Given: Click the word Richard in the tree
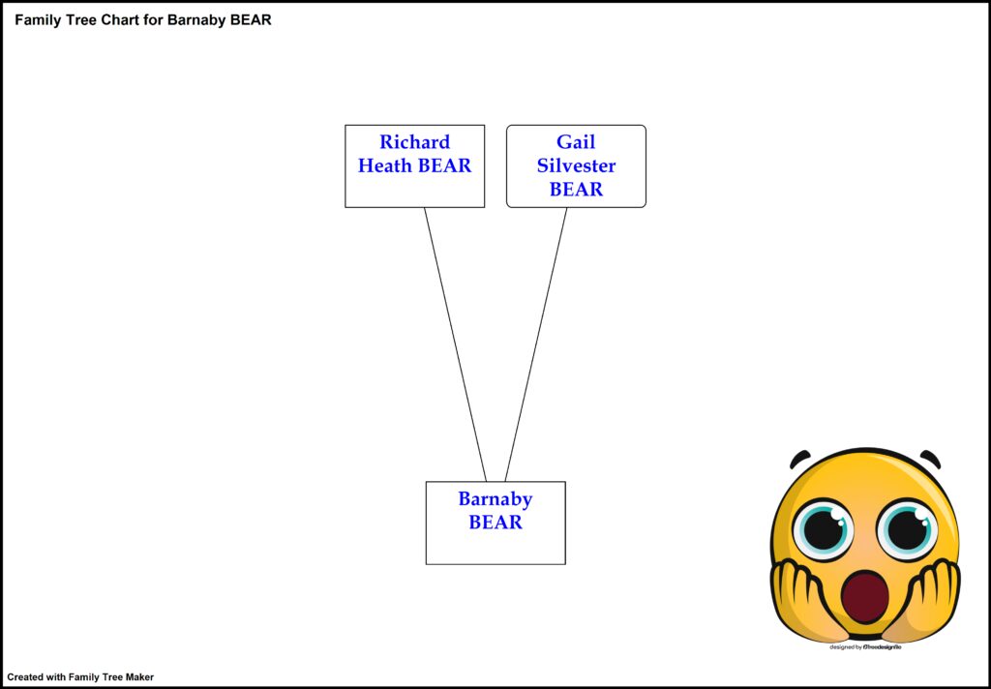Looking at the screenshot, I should [x=414, y=142].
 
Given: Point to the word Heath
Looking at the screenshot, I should [x=386, y=165].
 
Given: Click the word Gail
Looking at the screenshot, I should [x=576, y=142].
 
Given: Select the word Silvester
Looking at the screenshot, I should [x=576, y=165].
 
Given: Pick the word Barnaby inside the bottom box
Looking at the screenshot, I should [x=495, y=499].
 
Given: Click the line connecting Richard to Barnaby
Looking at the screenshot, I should [x=455, y=344].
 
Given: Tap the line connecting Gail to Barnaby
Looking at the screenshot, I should [x=536, y=344].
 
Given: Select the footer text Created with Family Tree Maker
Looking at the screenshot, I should [x=80, y=677].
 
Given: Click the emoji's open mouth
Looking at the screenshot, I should [x=864, y=597].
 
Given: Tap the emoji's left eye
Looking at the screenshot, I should [x=823, y=528].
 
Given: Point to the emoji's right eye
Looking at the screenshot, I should [x=907, y=528].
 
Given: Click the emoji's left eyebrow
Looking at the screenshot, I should [x=799, y=458].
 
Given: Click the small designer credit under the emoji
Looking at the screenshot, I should [x=866, y=646].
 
